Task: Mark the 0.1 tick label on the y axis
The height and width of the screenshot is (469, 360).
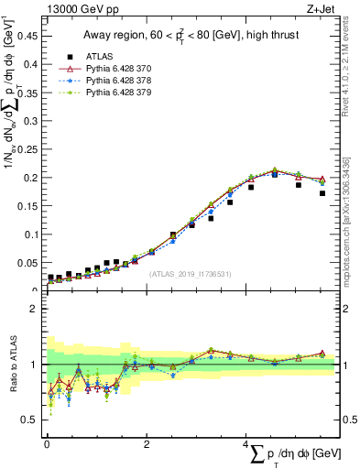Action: click(x=32, y=234)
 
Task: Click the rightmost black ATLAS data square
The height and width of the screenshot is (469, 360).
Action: click(x=322, y=193)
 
